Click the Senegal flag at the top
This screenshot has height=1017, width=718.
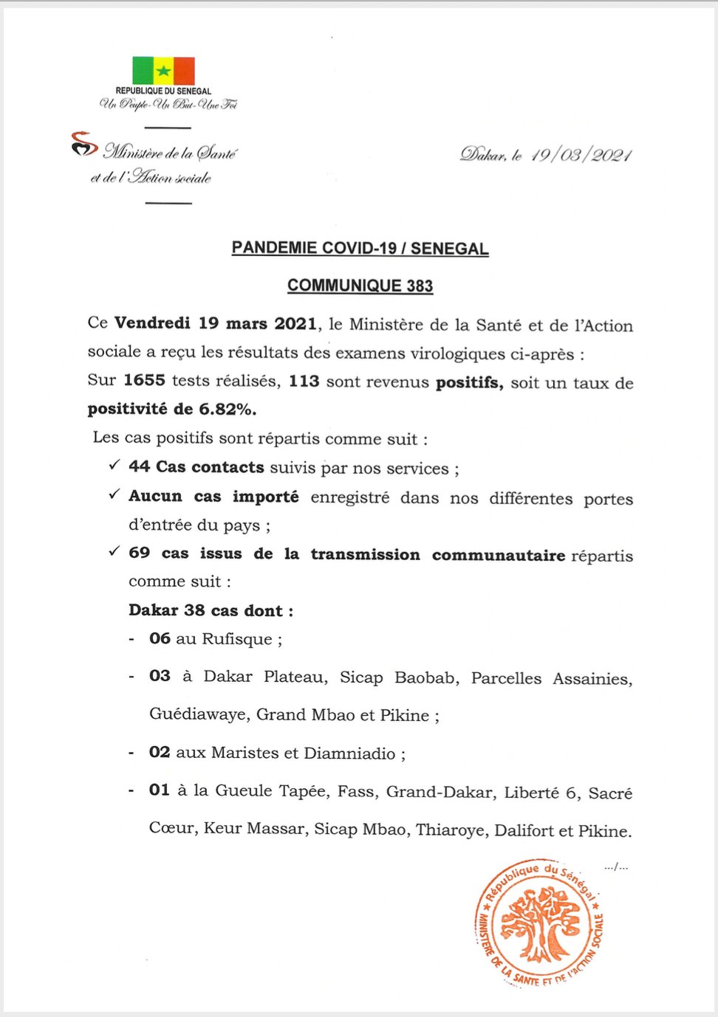coord(163,71)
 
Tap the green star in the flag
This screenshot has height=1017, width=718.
coord(163,71)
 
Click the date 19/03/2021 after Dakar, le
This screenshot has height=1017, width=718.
coord(581,155)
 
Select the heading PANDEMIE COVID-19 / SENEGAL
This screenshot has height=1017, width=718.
coord(360,248)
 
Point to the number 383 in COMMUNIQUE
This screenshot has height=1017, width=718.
coord(420,286)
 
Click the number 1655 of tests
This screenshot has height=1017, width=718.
coord(144,380)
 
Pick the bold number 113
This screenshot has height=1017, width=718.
coord(304,381)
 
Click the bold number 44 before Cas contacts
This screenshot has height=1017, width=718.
coord(139,466)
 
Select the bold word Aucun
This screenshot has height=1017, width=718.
coord(155,496)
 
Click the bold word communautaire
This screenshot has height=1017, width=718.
coord(499,554)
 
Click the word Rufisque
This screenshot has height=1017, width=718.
coord(237,639)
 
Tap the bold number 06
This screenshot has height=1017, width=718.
coord(160,638)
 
